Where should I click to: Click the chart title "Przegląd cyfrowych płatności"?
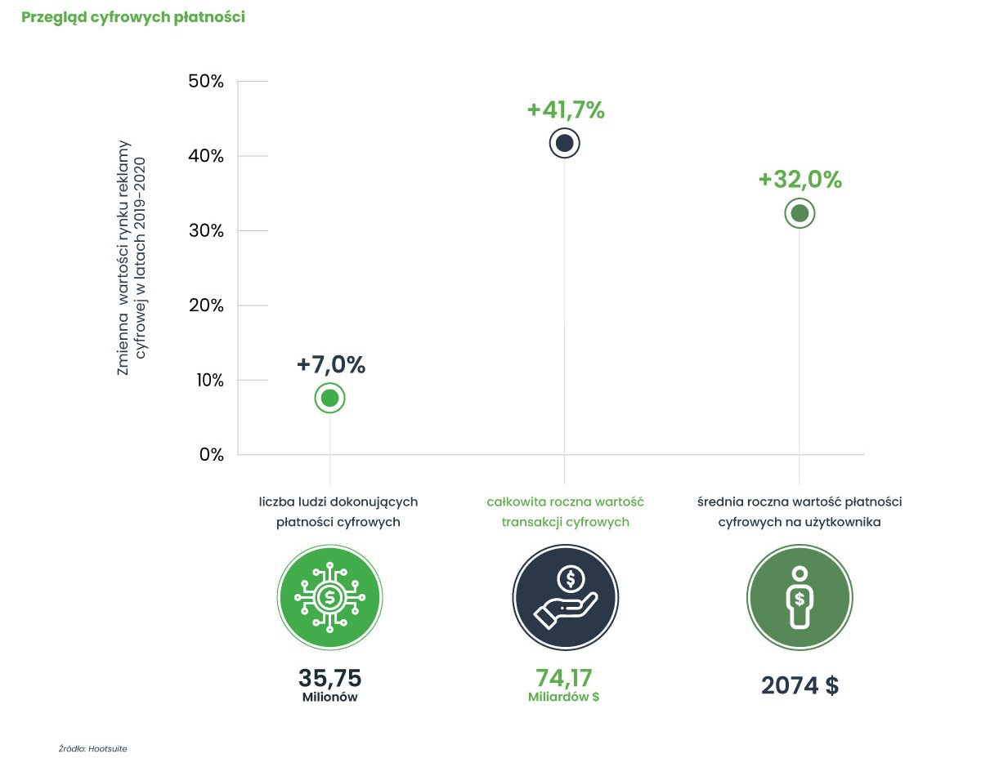pos(133,17)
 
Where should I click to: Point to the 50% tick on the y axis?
pos(205,82)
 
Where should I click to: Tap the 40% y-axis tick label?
pos(205,156)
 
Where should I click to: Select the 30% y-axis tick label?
pos(205,231)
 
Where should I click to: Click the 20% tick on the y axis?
pos(205,305)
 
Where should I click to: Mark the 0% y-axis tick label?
pos(211,455)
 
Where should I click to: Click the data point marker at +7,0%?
pos(330,398)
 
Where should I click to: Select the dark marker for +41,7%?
pos(564,144)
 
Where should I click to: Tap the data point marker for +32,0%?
pos(800,213)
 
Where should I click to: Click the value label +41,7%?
pos(566,110)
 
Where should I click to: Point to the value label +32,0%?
pos(800,180)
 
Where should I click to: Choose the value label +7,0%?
pos(331,365)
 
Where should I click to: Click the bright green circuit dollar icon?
pos(329,597)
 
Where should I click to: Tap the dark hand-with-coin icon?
pos(565,597)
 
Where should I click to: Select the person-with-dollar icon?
pos(800,597)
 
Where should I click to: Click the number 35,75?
pos(329,678)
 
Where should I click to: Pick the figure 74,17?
pos(564,678)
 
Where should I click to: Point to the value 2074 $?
pos(800,685)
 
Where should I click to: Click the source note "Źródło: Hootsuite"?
pos(93,747)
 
